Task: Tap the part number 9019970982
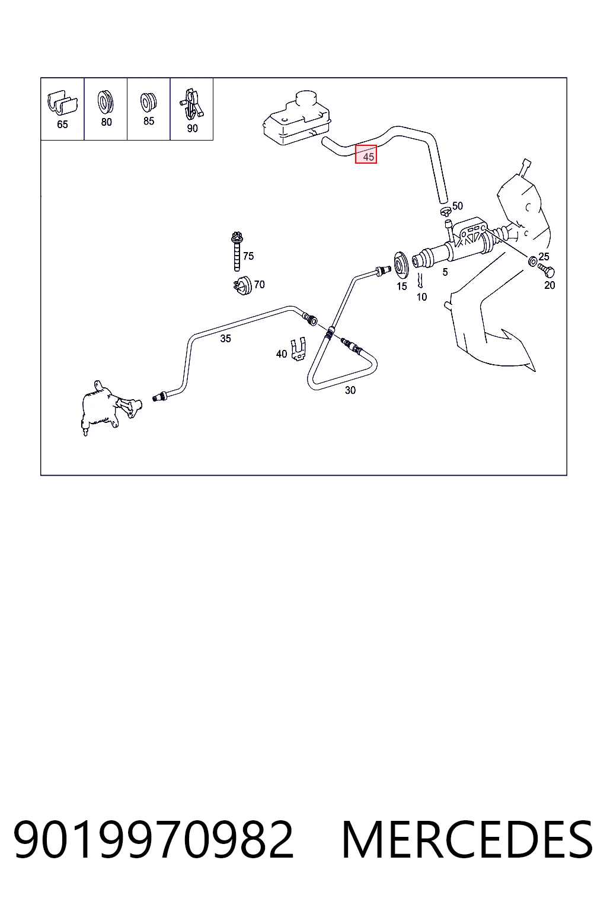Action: (154, 840)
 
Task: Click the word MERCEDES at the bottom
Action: (467, 840)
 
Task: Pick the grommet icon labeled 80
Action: (106, 102)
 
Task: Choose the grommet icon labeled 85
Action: (148, 102)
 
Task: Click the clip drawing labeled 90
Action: (191, 104)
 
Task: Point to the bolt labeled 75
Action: (237, 251)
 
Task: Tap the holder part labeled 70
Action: (243, 285)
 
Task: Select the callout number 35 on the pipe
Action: (226, 339)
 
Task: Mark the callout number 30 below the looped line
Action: (350, 390)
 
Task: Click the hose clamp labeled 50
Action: (446, 211)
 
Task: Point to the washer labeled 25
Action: (532, 261)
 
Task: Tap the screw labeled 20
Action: (546, 270)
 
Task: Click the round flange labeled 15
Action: (401, 266)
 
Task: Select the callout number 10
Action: (421, 297)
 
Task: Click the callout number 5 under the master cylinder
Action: (445, 272)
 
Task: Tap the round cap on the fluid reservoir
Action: (306, 100)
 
